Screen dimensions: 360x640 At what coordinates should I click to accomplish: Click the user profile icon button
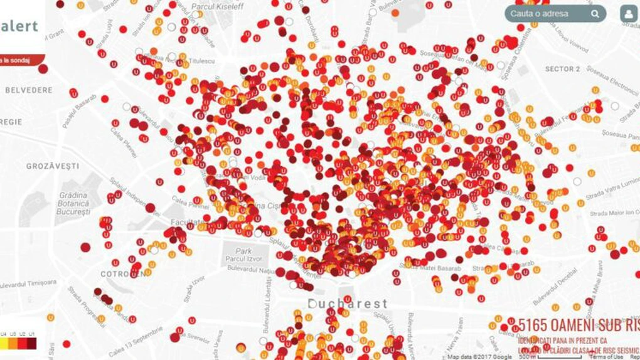pyautogui.click(x=628, y=14)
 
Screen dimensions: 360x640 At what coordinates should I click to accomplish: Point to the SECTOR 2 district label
pyautogui.click(x=562, y=69)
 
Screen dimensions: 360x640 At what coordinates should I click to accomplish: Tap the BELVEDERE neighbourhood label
pyautogui.click(x=29, y=90)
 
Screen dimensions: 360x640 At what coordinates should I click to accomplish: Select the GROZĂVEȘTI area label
pyautogui.click(x=53, y=166)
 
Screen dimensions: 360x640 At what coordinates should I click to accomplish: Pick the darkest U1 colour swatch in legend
pyautogui.click(x=31, y=343)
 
